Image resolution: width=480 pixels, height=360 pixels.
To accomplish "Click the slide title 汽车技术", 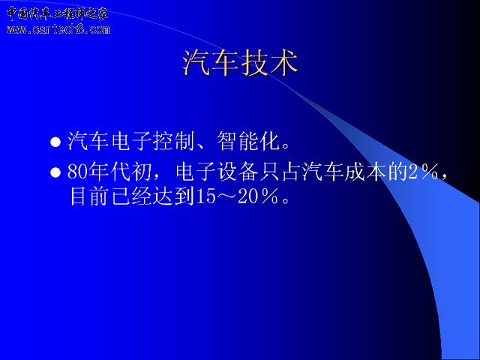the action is pyautogui.click(x=241, y=63).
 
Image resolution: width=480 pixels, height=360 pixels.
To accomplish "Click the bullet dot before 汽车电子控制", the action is pyautogui.click(x=55, y=142).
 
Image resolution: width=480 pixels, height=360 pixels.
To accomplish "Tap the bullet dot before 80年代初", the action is pyautogui.click(x=55, y=172).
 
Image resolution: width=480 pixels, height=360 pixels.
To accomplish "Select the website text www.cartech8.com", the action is pyautogui.click(x=58, y=29).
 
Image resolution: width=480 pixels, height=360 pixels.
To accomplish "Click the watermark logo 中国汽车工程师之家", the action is pyautogui.click(x=57, y=13).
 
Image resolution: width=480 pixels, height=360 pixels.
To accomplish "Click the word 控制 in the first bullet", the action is pyautogui.click(x=174, y=141).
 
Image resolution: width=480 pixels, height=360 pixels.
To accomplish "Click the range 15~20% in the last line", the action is pyautogui.click(x=237, y=196).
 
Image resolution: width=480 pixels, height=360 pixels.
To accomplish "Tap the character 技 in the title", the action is pyautogui.click(x=254, y=63).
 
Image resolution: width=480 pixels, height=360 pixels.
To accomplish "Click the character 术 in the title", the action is pyautogui.click(x=284, y=63).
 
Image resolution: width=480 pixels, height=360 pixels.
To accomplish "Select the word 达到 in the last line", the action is pyautogui.click(x=174, y=196).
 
